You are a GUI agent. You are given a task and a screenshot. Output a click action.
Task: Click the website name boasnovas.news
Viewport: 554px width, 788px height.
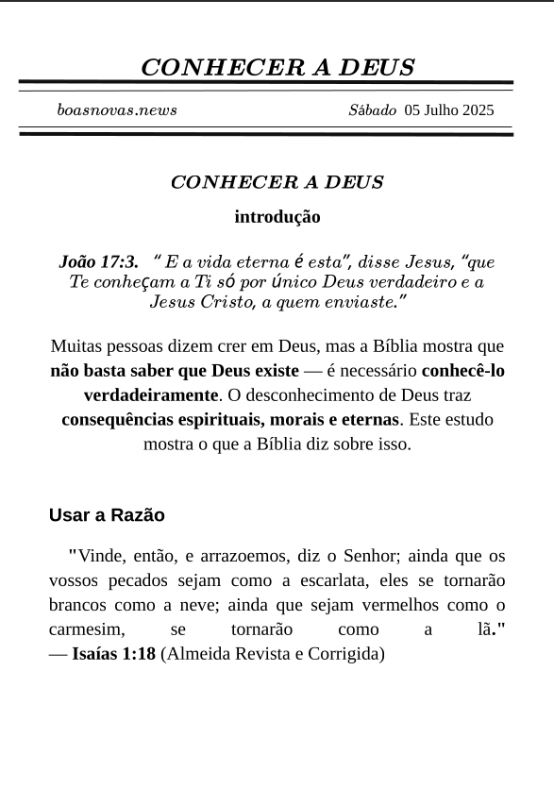pos(117,110)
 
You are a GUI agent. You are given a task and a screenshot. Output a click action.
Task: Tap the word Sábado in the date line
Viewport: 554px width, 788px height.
pos(372,110)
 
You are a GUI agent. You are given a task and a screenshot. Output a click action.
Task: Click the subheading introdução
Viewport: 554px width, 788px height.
pos(277,217)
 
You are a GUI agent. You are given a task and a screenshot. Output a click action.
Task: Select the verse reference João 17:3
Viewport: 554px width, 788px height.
pos(98,261)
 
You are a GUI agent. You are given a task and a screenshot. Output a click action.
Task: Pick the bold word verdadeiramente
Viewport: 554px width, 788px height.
pos(151,395)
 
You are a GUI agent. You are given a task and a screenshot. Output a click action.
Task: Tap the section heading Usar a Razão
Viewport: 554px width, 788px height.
pos(107,515)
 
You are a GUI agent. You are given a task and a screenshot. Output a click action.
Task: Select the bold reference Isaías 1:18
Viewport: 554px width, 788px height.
pos(113,654)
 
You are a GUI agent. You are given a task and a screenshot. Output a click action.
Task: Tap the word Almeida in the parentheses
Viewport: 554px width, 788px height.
pos(199,654)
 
